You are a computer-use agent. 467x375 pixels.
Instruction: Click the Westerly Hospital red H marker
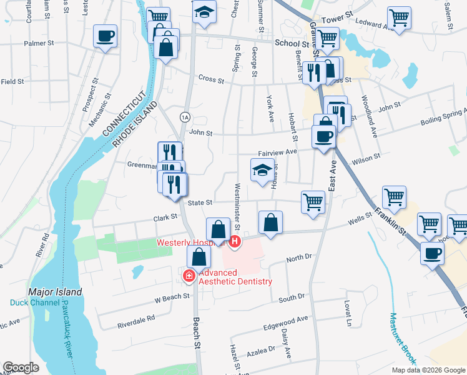[x=235, y=241]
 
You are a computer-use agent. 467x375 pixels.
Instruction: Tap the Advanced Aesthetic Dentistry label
[x=236, y=277]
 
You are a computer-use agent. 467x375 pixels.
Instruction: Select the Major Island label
[x=55, y=292]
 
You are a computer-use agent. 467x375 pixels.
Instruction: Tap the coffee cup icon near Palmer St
[x=106, y=36]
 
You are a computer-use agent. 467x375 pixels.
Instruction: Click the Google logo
[x=21, y=368]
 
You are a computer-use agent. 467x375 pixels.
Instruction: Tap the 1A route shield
[x=184, y=117]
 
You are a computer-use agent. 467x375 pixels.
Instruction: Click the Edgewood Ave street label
[x=286, y=319]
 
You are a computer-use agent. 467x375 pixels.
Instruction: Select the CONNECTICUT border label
[x=124, y=114]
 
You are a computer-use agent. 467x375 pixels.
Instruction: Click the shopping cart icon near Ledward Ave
[x=398, y=18]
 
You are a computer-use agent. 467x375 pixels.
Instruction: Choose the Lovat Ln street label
[x=348, y=312]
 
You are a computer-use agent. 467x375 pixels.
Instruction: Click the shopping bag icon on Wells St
[x=270, y=222]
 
